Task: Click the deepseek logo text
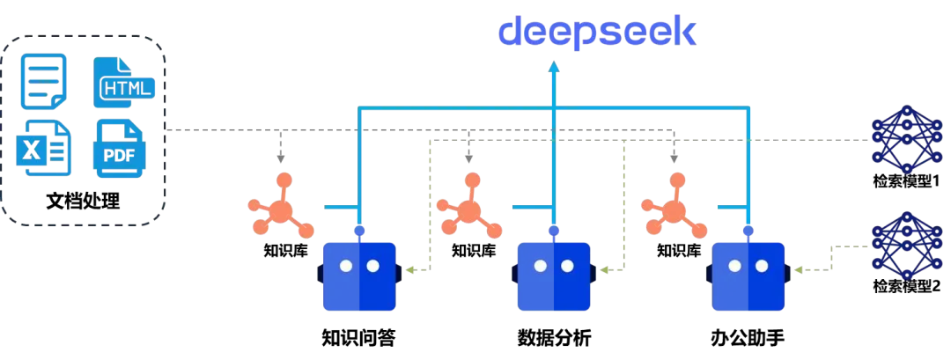tap(597, 33)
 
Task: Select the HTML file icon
tap(122, 83)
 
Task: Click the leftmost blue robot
tap(359, 276)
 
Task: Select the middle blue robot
tap(554, 276)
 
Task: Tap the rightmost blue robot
tap(748, 276)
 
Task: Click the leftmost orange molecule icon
tap(280, 209)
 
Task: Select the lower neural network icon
tap(906, 245)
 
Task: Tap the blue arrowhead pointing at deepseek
tap(554, 66)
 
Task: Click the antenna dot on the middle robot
tap(554, 231)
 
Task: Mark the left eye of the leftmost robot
tap(347, 266)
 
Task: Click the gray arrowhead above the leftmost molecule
tap(281, 159)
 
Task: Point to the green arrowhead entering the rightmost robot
tap(798, 269)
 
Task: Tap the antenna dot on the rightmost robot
tap(748, 231)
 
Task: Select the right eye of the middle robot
tap(567, 266)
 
